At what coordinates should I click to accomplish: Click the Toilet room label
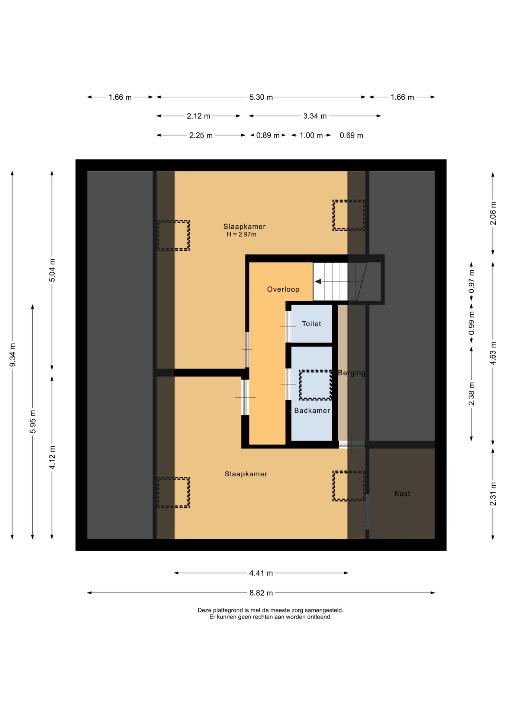click(x=311, y=324)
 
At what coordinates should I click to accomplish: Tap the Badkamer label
click(x=312, y=411)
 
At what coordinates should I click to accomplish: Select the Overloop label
click(x=283, y=289)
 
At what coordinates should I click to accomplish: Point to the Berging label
click(x=351, y=373)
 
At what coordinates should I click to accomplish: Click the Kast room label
click(x=402, y=493)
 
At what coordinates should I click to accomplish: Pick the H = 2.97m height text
click(x=241, y=235)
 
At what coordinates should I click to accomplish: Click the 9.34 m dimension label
click(x=12, y=355)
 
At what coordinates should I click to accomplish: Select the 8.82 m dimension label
click(x=261, y=593)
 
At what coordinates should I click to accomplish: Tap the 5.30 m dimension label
click(x=261, y=97)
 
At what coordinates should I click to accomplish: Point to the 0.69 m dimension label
click(x=351, y=135)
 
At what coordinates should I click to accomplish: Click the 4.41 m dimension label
click(x=261, y=573)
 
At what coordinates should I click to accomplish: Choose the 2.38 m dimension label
click(x=472, y=394)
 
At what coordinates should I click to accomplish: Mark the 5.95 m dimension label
click(x=33, y=421)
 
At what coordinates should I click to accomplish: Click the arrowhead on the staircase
click(x=318, y=282)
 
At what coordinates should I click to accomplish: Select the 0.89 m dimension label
click(x=268, y=135)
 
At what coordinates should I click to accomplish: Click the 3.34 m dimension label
click(x=315, y=116)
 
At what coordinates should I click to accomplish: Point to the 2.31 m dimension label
click(x=493, y=494)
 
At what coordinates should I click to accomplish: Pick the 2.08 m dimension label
click(x=493, y=213)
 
